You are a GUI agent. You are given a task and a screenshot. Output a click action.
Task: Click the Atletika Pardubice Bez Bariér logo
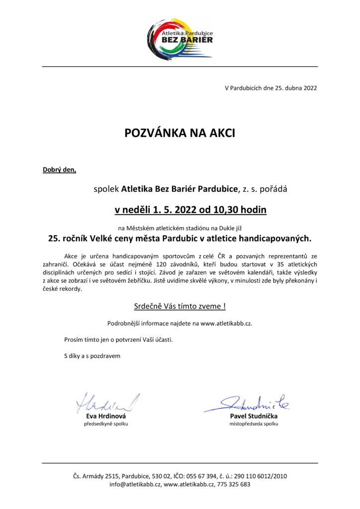(180, 36)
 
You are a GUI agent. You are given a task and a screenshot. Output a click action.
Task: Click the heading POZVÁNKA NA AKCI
(180, 133)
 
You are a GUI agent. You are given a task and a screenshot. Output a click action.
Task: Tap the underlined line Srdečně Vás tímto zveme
(180, 306)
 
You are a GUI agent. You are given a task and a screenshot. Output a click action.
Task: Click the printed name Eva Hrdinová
(106, 416)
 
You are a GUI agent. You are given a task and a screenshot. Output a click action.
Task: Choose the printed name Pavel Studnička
(254, 416)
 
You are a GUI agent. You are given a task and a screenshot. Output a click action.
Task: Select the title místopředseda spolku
(254, 424)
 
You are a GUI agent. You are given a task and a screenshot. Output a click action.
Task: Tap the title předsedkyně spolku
(106, 424)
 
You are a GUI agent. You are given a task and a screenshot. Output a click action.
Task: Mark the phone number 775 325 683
(234, 484)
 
